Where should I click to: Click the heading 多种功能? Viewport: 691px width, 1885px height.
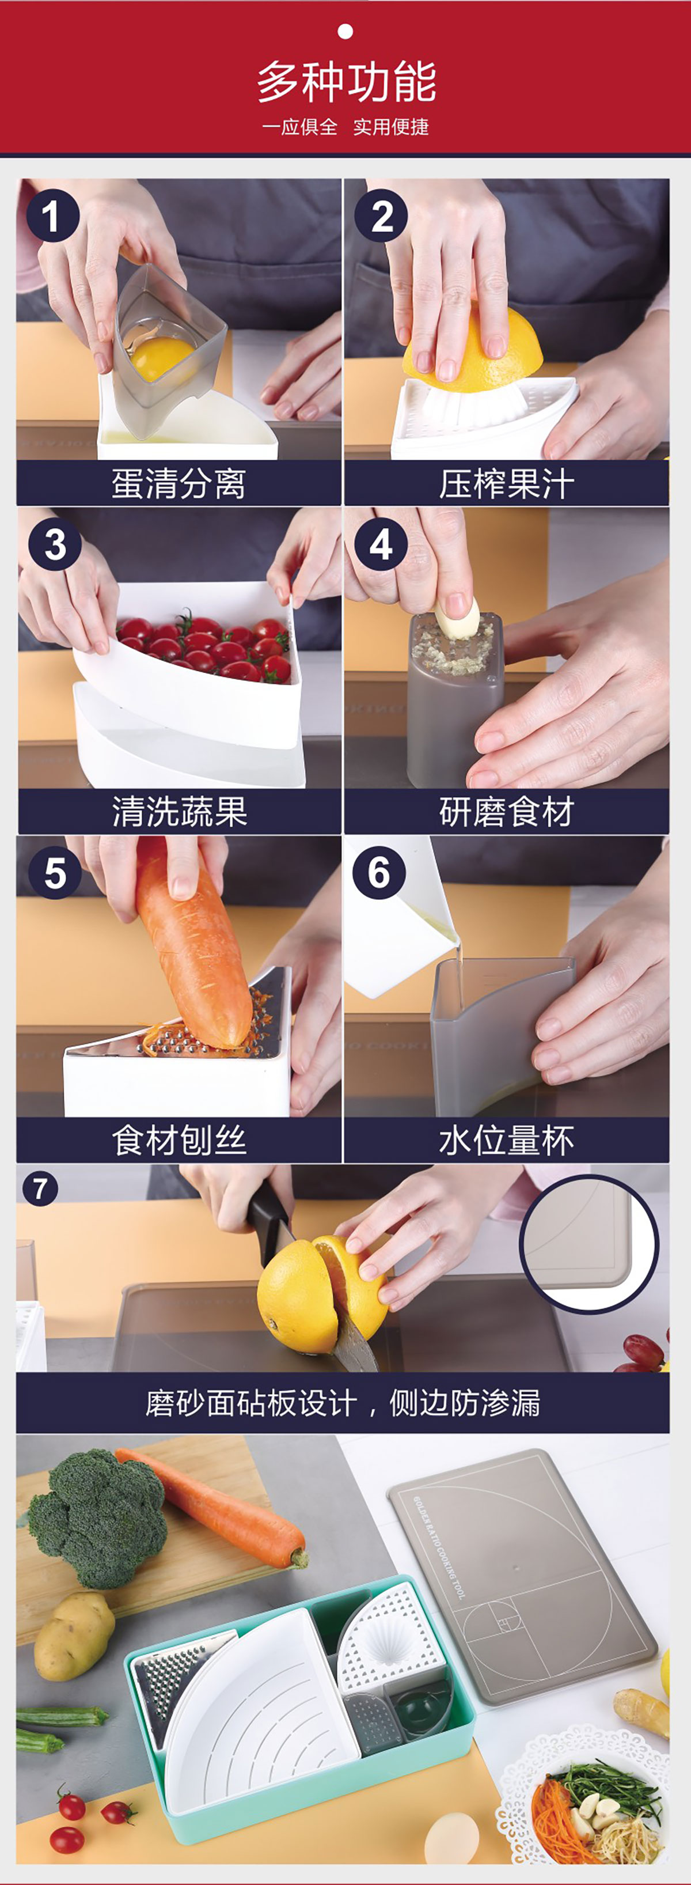click(x=346, y=82)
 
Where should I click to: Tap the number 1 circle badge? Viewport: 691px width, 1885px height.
click(x=52, y=216)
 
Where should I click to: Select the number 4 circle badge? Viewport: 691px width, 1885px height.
click(x=380, y=544)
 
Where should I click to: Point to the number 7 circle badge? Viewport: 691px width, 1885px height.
click(x=40, y=1188)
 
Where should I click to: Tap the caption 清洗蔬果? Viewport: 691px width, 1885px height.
click(x=179, y=812)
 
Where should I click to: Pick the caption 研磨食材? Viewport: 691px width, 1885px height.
click(x=506, y=812)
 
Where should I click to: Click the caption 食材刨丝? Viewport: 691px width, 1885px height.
click(x=179, y=1140)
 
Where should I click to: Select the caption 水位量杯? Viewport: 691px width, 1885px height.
click(x=506, y=1140)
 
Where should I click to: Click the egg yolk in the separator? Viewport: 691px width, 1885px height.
click(x=162, y=357)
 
